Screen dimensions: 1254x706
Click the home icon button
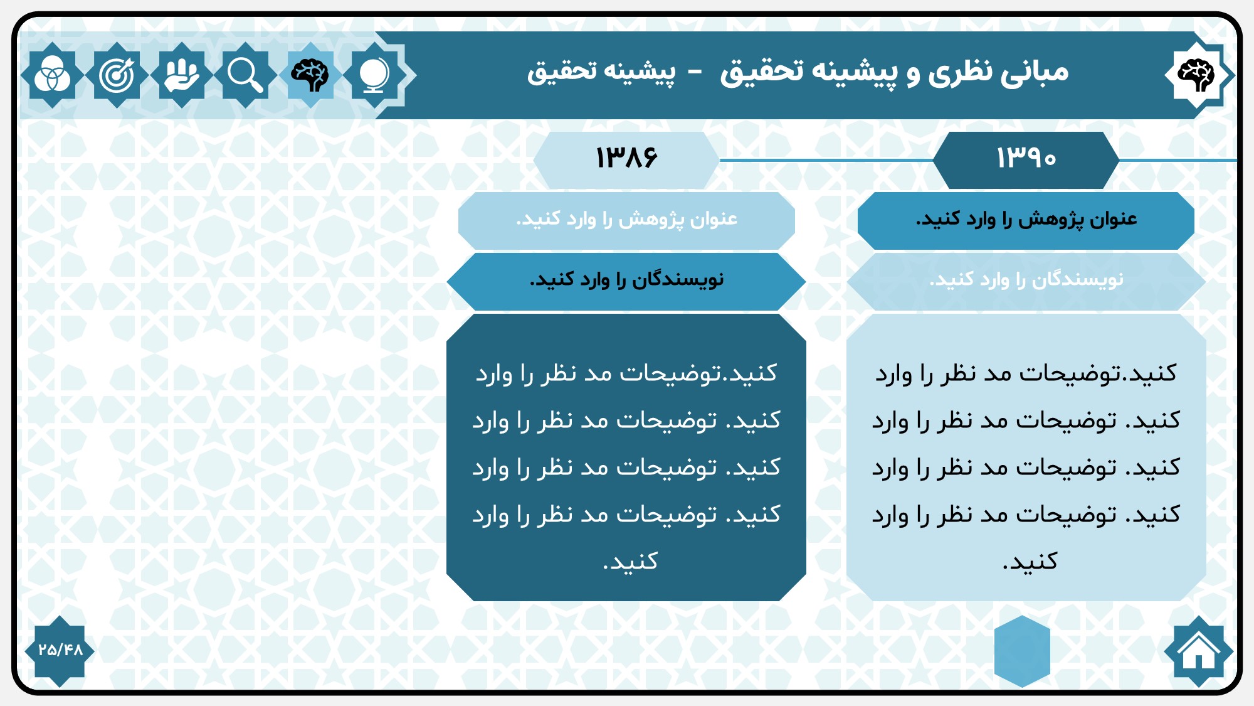(1198, 651)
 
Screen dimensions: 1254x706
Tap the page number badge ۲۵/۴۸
(60, 651)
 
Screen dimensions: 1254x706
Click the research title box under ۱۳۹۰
(1026, 220)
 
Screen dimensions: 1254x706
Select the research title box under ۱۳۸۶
(626, 220)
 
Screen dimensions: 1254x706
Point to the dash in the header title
(695, 73)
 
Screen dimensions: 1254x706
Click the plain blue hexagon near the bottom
(1022, 651)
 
